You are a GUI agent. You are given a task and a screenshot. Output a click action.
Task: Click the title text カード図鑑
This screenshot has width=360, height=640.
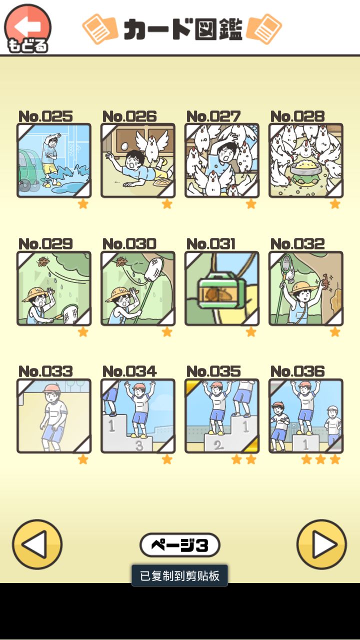click(x=183, y=29)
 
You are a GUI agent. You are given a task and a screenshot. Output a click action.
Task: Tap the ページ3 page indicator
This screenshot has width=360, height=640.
click(x=179, y=545)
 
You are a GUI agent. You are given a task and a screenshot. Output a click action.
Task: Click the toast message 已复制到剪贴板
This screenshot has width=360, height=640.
click(x=179, y=575)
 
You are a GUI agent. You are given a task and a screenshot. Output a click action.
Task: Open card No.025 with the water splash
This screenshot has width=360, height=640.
click(x=54, y=160)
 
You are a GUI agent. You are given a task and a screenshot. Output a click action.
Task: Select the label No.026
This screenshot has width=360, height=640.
click(x=129, y=116)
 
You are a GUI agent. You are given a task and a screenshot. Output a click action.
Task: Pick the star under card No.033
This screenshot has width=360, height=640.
click(x=83, y=459)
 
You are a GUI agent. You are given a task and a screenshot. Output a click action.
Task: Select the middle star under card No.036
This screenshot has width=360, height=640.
click(x=320, y=459)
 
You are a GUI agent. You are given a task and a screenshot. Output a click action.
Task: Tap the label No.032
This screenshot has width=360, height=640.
click(x=297, y=244)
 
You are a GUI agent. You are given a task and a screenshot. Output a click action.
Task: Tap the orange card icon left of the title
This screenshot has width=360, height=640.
click(x=100, y=29)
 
